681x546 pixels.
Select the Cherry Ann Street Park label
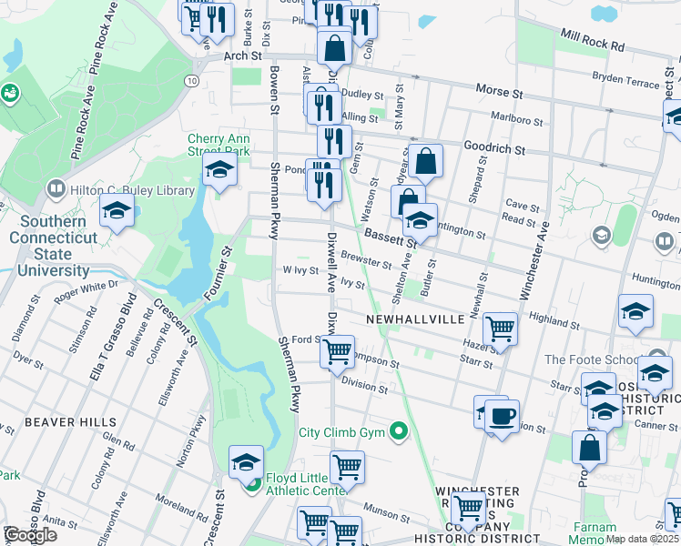[x=219, y=145]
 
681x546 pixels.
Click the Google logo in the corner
[x=30, y=535]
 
